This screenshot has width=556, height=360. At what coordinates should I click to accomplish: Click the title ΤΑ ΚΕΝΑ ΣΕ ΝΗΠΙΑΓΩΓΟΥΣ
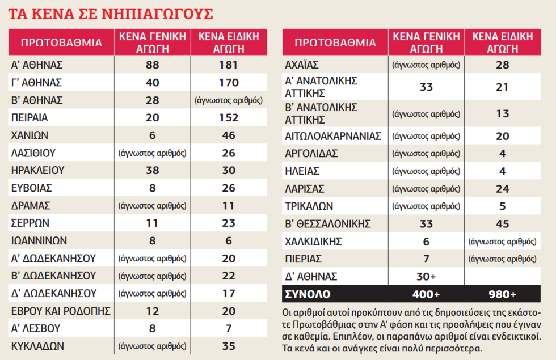(x=111, y=14)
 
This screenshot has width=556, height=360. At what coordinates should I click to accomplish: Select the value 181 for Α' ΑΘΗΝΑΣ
(x=228, y=65)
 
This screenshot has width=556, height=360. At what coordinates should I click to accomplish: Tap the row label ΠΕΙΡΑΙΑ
(x=30, y=118)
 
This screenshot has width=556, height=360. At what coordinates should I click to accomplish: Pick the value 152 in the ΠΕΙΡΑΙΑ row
(x=229, y=118)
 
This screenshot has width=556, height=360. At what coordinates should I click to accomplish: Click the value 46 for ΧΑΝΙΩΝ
(x=229, y=135)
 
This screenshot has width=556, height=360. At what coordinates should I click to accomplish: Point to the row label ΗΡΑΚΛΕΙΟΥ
(x=37, y=171)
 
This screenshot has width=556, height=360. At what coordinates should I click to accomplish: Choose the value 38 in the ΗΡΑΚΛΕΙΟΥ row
(x=153, y=171)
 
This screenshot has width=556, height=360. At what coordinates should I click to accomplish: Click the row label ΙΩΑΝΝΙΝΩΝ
(x=39, y=241)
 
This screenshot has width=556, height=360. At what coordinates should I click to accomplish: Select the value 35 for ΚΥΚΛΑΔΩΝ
(x=229, y=346)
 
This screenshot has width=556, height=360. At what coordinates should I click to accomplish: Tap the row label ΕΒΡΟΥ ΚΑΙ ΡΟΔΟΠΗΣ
(x=61, y=311)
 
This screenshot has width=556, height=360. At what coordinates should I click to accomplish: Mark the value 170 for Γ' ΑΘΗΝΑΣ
(x=229, y=83)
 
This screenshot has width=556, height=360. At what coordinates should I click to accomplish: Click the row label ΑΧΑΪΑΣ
(x=302, y=65)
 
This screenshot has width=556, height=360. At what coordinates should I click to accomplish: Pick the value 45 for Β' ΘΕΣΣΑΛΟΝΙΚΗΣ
(x=503, y=224)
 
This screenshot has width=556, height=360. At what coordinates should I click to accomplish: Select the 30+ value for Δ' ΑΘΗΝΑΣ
(x=426, y=277)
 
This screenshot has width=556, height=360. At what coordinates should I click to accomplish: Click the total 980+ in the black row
(x=503, y=294)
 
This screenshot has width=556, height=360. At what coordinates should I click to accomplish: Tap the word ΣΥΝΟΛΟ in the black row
(x=308, y=294)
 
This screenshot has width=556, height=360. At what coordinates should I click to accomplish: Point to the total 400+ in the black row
(x=426, y=294)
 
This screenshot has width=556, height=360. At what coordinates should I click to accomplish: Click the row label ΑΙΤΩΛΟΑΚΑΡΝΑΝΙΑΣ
(x=333, y=136)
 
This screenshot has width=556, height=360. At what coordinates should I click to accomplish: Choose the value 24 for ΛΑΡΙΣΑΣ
(x=503, y=189)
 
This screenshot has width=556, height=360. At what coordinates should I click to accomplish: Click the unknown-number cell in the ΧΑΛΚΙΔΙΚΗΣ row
(x=503, y=242)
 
